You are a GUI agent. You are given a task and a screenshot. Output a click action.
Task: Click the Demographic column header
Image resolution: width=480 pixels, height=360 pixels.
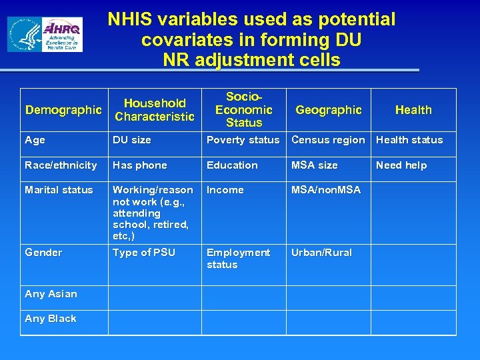coord(63,110)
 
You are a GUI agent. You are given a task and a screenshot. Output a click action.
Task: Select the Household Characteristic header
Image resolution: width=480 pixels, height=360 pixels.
coord(155,110)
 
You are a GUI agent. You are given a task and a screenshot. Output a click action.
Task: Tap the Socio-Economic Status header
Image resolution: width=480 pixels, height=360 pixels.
coord(244,110)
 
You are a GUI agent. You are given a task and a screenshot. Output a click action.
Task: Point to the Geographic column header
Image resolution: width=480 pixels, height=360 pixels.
coord(329,110)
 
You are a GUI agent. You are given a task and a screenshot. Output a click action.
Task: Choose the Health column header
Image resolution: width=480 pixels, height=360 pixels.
coord(413,110)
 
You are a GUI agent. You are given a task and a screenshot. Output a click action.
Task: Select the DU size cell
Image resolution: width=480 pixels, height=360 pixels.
coord(132,140)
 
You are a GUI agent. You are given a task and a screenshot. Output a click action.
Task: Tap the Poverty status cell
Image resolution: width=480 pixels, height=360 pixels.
coord(243,140)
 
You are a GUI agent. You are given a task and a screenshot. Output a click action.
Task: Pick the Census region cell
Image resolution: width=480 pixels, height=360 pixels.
coord(328,140)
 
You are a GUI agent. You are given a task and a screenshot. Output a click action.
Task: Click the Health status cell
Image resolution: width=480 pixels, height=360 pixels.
coord(409,140)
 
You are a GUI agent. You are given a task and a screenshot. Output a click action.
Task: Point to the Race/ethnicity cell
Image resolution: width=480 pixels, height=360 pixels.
coord(61,165)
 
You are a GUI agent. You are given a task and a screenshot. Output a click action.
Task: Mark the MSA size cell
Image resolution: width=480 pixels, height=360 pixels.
coord(315,165)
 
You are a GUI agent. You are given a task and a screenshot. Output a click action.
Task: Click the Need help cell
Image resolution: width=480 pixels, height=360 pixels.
coord(401,165)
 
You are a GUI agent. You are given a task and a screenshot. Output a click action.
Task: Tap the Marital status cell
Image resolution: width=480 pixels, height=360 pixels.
coord(59,190)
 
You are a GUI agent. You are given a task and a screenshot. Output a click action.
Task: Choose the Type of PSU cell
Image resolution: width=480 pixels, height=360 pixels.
coord(144,253)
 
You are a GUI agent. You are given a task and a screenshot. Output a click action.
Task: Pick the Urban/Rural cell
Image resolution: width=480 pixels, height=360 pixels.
coord(321,253)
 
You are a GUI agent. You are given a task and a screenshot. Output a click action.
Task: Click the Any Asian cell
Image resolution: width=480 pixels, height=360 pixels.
coord(51,294)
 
